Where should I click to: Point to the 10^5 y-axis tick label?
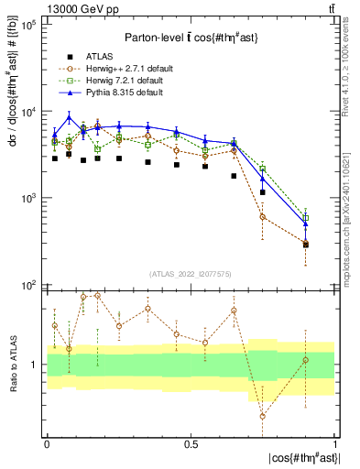click(x=28, y=25)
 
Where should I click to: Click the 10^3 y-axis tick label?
click(x=28, y=199)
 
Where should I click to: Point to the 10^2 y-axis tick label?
click(x=28, y=285)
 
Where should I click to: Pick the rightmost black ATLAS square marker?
click(x=306, y=245)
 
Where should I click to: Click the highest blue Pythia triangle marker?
click(x=70, y=117)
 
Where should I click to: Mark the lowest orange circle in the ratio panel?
click(x=263, y=416)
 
